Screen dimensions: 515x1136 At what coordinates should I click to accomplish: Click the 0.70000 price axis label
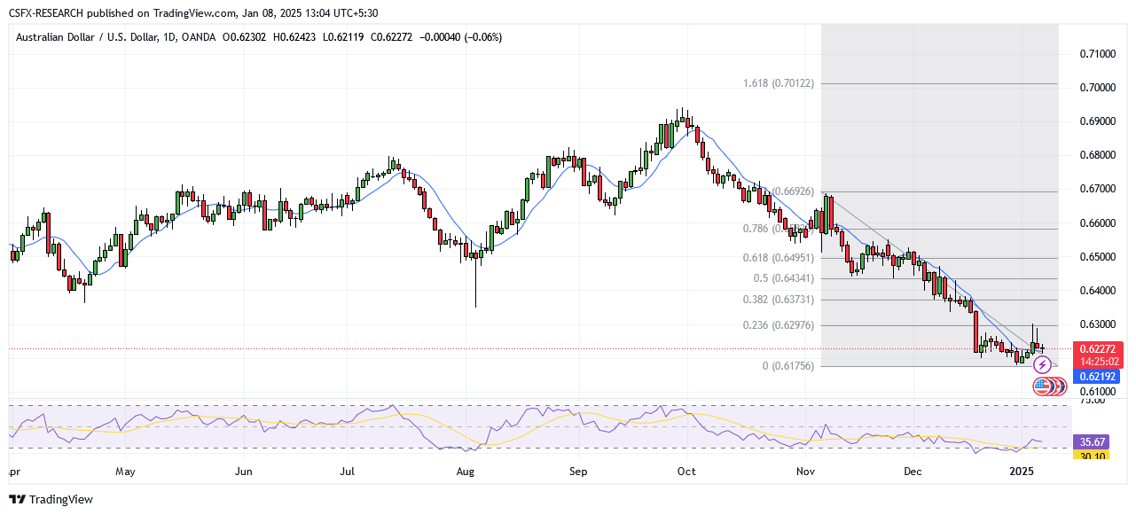pos(1099,88)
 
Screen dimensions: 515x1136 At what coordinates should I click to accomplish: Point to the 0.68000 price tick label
pos(1099,155)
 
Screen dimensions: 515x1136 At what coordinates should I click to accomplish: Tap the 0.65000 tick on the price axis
pos(1099,257)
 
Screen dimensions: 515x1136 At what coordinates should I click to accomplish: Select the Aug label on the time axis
pos(466,472)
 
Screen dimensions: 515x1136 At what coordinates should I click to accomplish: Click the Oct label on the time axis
pos(686,472)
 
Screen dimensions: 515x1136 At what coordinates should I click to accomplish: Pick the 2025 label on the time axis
pos(1022,472)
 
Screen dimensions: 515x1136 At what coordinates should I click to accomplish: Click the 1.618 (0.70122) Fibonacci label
pos(779,83)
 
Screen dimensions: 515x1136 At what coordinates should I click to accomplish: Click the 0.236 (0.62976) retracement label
pos(779,325)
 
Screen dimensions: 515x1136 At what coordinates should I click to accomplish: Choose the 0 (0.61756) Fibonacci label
pos(788,366)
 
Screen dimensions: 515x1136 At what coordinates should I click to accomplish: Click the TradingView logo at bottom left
pos(51,499)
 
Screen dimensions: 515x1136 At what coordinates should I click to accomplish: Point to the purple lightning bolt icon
pos(1043,364)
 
